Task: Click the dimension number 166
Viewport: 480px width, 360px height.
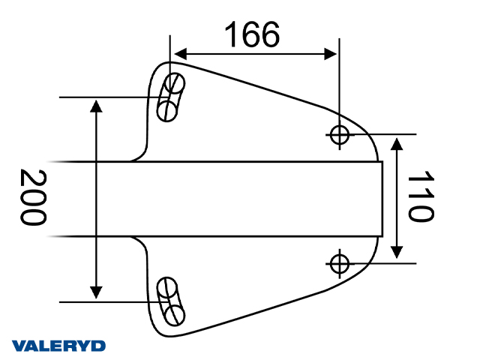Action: [252, 34]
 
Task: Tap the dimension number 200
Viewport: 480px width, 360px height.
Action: [32, 198]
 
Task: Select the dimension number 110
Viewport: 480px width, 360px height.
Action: [421, 197]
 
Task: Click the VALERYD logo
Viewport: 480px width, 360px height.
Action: [59, 346]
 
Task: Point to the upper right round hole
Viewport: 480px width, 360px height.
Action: [340, 134]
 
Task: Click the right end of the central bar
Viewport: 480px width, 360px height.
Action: [381, 199]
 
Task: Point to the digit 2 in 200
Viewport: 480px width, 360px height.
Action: [32, 178]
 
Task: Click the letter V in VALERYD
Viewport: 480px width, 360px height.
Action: [19, 346]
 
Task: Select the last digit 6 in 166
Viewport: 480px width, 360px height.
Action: [271, 34]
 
